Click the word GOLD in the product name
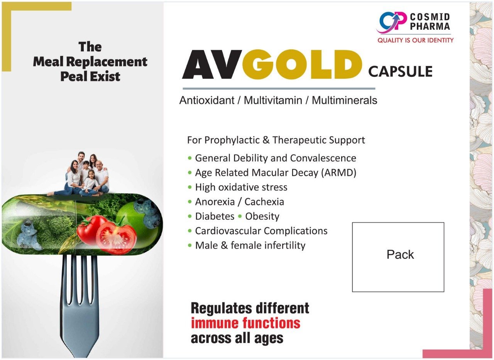302,64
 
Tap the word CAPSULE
400,71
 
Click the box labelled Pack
398,257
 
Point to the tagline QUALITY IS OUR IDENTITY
415,40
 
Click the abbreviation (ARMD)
338,172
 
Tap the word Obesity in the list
262,216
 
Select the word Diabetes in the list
215,216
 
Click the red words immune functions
245,323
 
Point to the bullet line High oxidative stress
241,187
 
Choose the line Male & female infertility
250,245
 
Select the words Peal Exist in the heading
90,76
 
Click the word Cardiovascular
228,231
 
